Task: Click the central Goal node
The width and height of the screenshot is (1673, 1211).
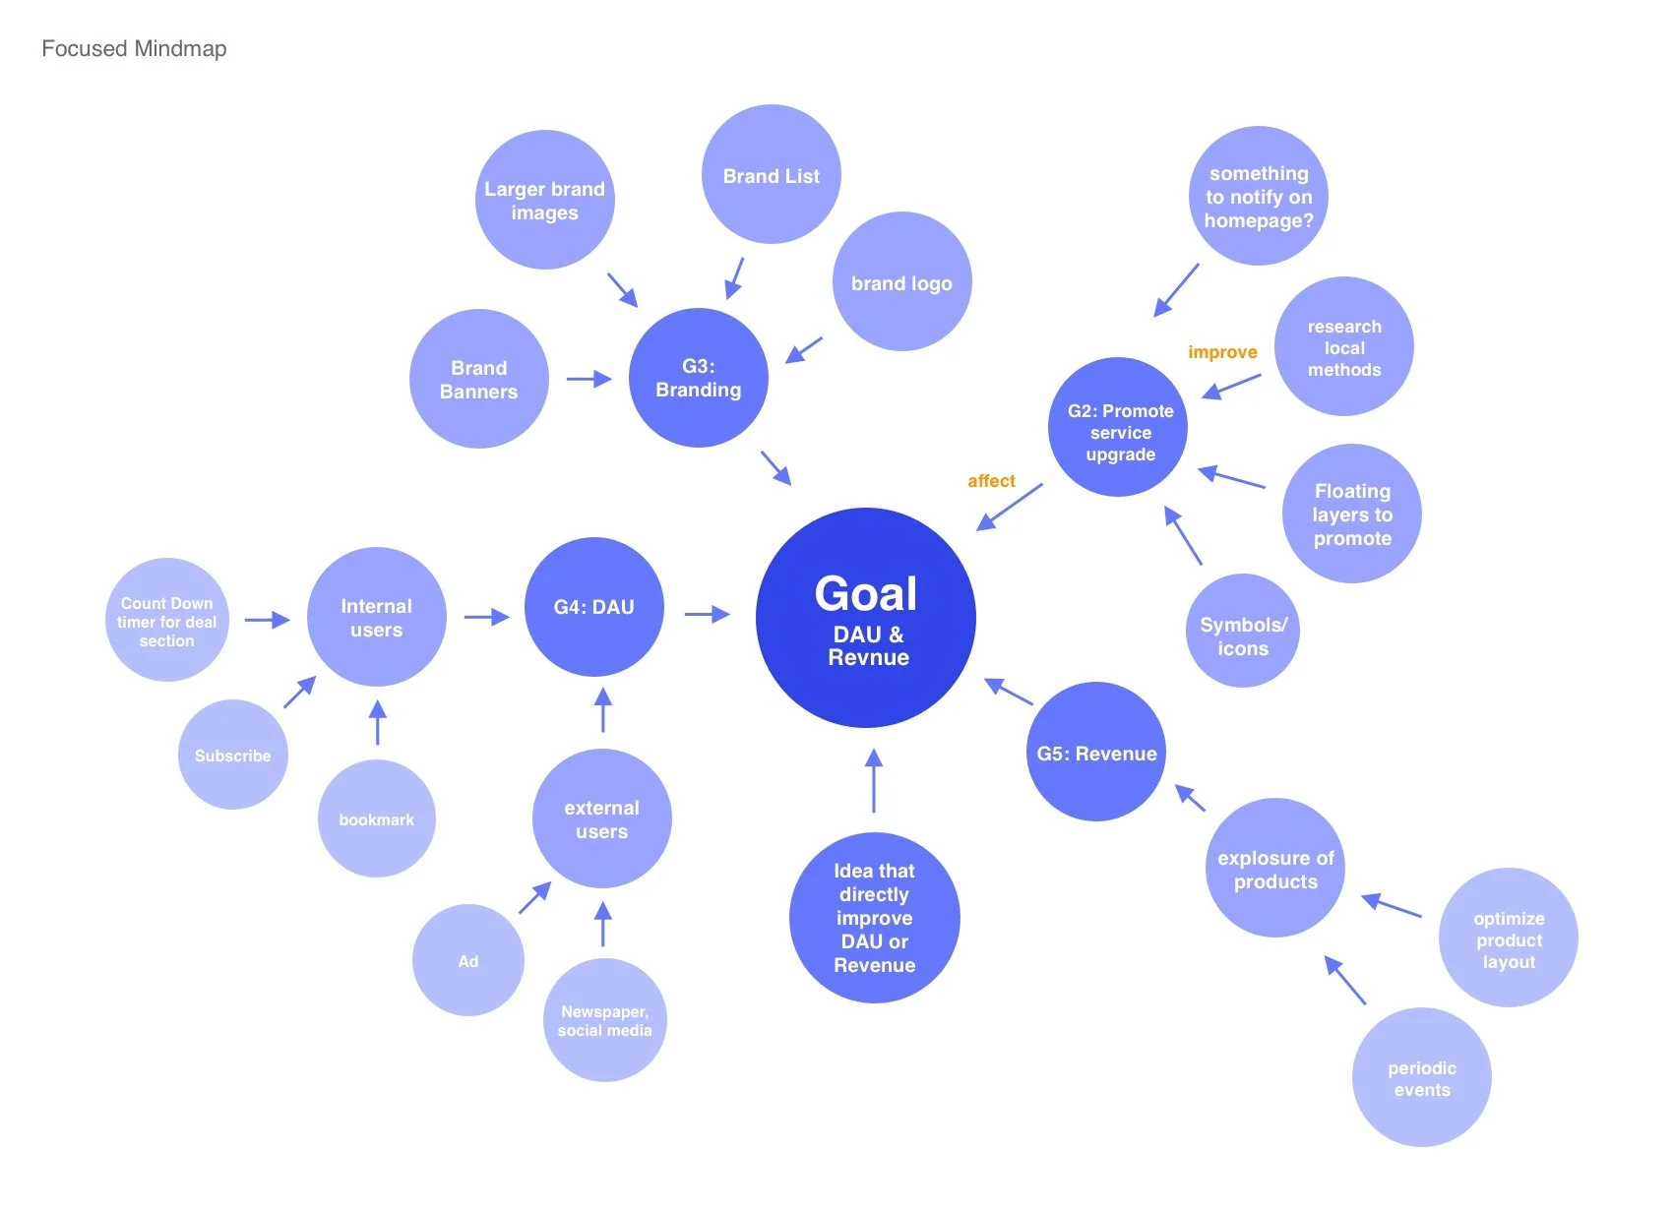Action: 865,618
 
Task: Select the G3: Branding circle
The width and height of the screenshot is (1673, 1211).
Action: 698,378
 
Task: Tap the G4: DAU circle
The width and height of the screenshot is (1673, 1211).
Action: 593,607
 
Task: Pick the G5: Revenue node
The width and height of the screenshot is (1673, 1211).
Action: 1096,753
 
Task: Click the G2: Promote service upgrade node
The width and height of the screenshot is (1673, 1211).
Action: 1119,428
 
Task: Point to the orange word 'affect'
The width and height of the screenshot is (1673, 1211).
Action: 991,481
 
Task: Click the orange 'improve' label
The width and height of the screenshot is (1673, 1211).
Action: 1222,352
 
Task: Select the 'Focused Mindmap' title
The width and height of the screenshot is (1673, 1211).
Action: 134,49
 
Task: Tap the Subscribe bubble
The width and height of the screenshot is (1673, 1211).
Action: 233,756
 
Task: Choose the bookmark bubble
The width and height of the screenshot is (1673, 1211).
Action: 376,819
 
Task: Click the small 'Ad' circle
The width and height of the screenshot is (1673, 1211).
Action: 468,961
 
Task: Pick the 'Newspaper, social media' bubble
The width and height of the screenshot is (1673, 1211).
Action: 604,1021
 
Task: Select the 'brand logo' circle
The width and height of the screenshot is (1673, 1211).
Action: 901,283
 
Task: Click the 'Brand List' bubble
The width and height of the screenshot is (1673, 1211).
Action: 771,176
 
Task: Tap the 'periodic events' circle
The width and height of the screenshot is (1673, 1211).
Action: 1421,1078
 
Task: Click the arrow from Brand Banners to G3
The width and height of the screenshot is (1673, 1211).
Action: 589,379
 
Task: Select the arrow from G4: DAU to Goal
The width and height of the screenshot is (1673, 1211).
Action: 707,615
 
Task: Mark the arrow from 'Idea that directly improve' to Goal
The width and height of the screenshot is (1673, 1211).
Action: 874,781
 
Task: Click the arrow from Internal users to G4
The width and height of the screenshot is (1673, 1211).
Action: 486,617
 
